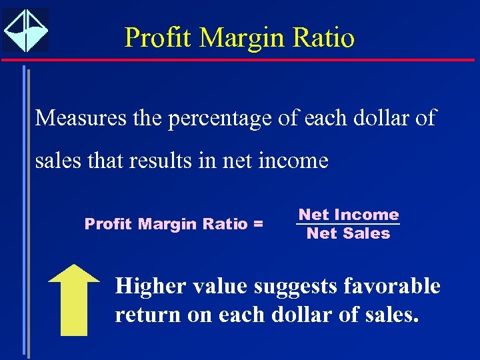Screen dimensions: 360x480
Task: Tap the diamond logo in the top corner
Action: [x=26, y=30]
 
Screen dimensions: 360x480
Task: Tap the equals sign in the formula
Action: [x=258, y=224]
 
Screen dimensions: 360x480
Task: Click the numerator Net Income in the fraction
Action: [x=348, y=215]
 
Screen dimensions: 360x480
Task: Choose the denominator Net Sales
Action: [x=348, y=233]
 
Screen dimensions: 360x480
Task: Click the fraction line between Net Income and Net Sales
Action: [x=348, y=224]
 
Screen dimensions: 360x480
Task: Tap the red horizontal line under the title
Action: [x=240, y=60]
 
